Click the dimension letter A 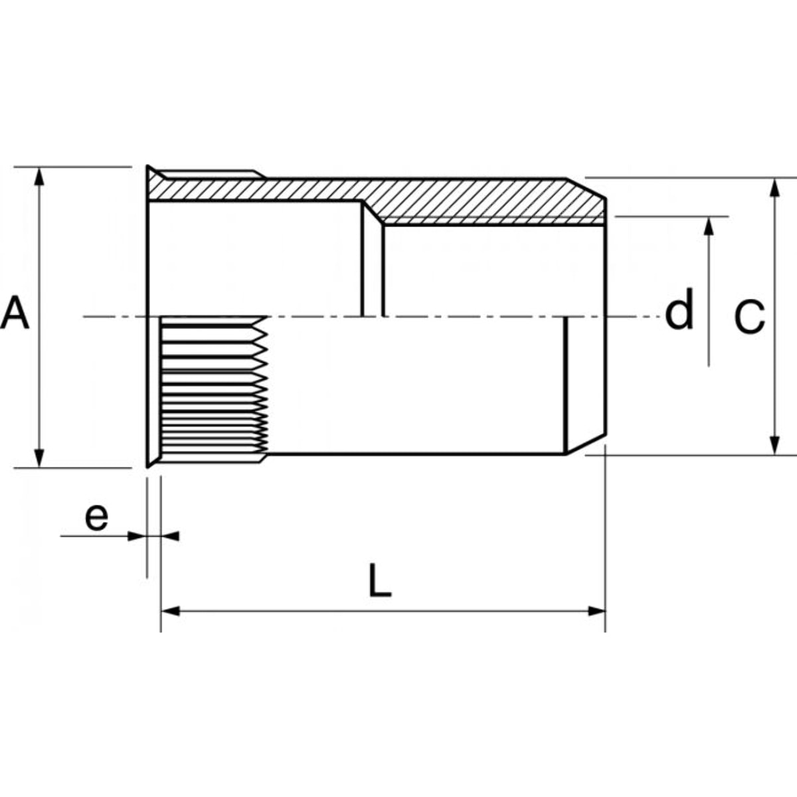tap(15, 313)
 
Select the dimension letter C tap(749, 317)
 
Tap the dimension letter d tap(679, 311)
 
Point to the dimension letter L tap(379, 580)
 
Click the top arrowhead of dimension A tap(40, 176)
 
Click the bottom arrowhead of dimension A tap(40, 458)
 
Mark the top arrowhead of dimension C tap(774, 187)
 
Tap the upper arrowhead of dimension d tap(709, 226)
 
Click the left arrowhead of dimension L tap(170, 610)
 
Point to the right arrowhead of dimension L tap(596, 610)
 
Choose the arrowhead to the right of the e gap tap(169, 535)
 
